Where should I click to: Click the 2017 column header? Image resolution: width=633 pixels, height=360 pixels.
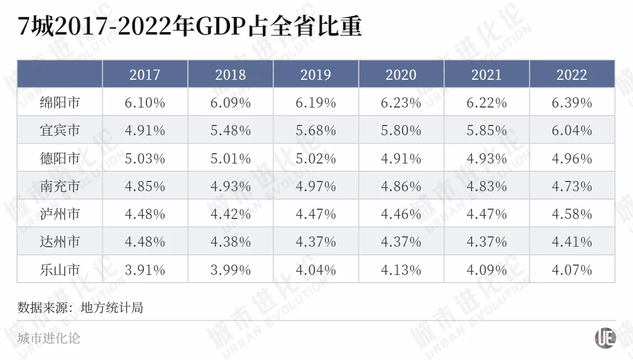pyautogui.click(x=145, y=75)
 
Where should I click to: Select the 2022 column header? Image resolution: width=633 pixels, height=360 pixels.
pyautogui.click(x=572, y=75)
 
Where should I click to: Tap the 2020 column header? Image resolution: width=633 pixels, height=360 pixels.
pyautogui.click(x=401, y=75)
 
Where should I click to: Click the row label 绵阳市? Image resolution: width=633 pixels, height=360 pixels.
pyautogui.click(x=60, y=103)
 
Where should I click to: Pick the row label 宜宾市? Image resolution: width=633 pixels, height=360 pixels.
pyautogui.click(x=60, y=130)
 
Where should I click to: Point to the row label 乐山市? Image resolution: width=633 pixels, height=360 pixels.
pyautogui.click(x=60, y=270)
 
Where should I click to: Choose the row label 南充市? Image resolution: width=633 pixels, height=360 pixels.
pyautogui.click(x=60, y=186)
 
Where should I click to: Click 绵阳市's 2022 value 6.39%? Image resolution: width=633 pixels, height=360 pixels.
pyautogui.click(x=572, y=103)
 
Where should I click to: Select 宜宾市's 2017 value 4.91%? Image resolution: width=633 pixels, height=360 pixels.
pyautogui.click(x=145, y=130)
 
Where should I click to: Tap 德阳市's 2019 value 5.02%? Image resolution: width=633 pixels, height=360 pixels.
pyautogui.click(x=316, y=159)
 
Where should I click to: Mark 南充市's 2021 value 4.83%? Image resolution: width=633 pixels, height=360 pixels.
pyautogui.click(x=487, y=186)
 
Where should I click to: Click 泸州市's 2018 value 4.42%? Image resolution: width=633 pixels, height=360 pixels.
pyautogui.click(x=230, y=214)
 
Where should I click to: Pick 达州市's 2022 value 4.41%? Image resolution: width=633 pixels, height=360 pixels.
pyautogui.click(x=572, y=242)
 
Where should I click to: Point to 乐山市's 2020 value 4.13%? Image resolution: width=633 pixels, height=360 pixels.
pyautogui.click(x=401, y=270)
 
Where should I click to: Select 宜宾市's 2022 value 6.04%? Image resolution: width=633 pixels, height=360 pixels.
pyautogui.click(x=572, y=130)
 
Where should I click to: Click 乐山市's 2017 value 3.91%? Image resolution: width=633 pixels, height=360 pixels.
pyautogui.click(x=145, y=270)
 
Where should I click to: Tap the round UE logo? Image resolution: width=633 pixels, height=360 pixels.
pyautogui.click(x=605, y=337)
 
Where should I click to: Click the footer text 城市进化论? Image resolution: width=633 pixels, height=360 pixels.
pyautogui.click(x=48, y=338)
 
